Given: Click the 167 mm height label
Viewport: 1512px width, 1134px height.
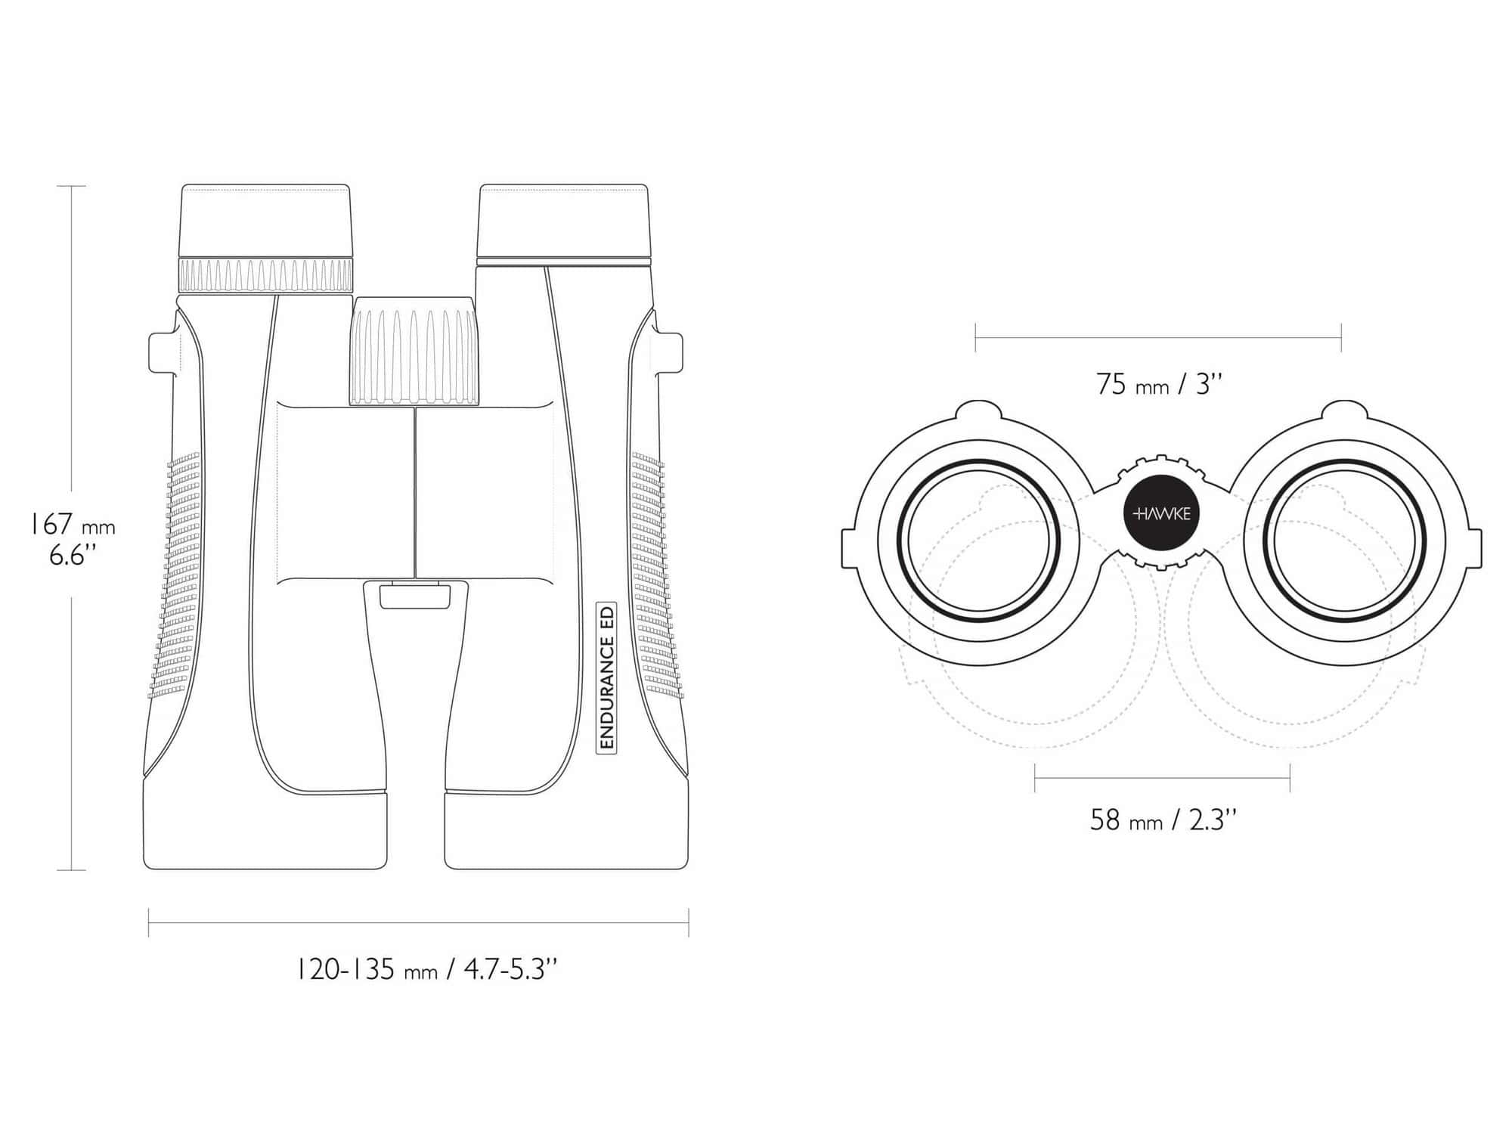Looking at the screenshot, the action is click(x=72, y=524).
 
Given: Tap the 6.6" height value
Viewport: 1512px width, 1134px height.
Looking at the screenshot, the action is click(x=73, y=556).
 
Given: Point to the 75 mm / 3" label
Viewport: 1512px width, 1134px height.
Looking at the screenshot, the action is click(x=1159, y=384).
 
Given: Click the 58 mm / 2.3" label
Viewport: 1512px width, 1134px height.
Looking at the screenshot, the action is click(x=1163, y=820).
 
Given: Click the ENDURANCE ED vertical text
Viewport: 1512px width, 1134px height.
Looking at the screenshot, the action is click(x=606, y=677).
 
